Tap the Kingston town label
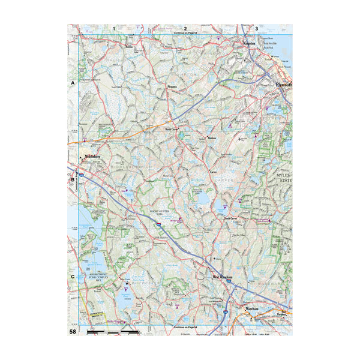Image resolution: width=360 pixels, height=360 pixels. click(x=248, y=44)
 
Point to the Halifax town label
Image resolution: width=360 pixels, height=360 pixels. click(x=128, y=46)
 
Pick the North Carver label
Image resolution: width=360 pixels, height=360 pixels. click(x=172, y=129)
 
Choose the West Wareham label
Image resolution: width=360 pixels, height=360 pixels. click(x=223, y=277)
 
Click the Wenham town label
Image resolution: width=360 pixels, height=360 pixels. click(x=211, y=137)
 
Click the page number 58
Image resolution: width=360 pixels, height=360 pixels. click(x=73, y=331)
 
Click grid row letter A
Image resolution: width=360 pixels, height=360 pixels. click(x=73, y=83)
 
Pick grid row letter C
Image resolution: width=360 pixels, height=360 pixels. click(x=73, y=277)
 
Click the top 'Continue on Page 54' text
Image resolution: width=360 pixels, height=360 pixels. click(x=185, y=34)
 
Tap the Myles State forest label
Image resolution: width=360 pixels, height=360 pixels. click(x=283, y=178)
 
